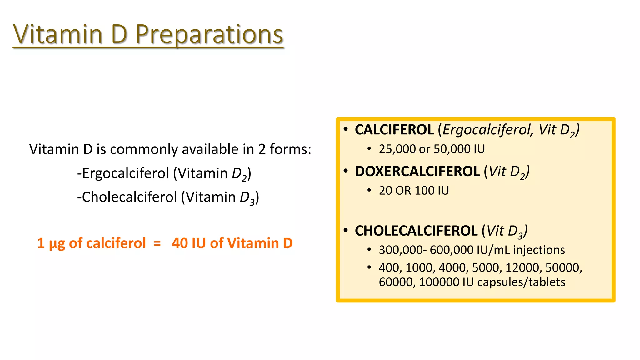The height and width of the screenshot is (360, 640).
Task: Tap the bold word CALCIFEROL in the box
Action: click(x=394, y=130)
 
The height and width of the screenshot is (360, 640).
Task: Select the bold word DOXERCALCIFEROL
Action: click(x=417, y=172)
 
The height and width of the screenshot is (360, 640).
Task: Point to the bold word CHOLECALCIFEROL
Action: click(x=416, y=231)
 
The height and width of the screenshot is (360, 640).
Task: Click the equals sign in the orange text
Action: click(x=157, y=243)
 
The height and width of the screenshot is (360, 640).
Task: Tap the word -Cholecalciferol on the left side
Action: click(x=127, y=197)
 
